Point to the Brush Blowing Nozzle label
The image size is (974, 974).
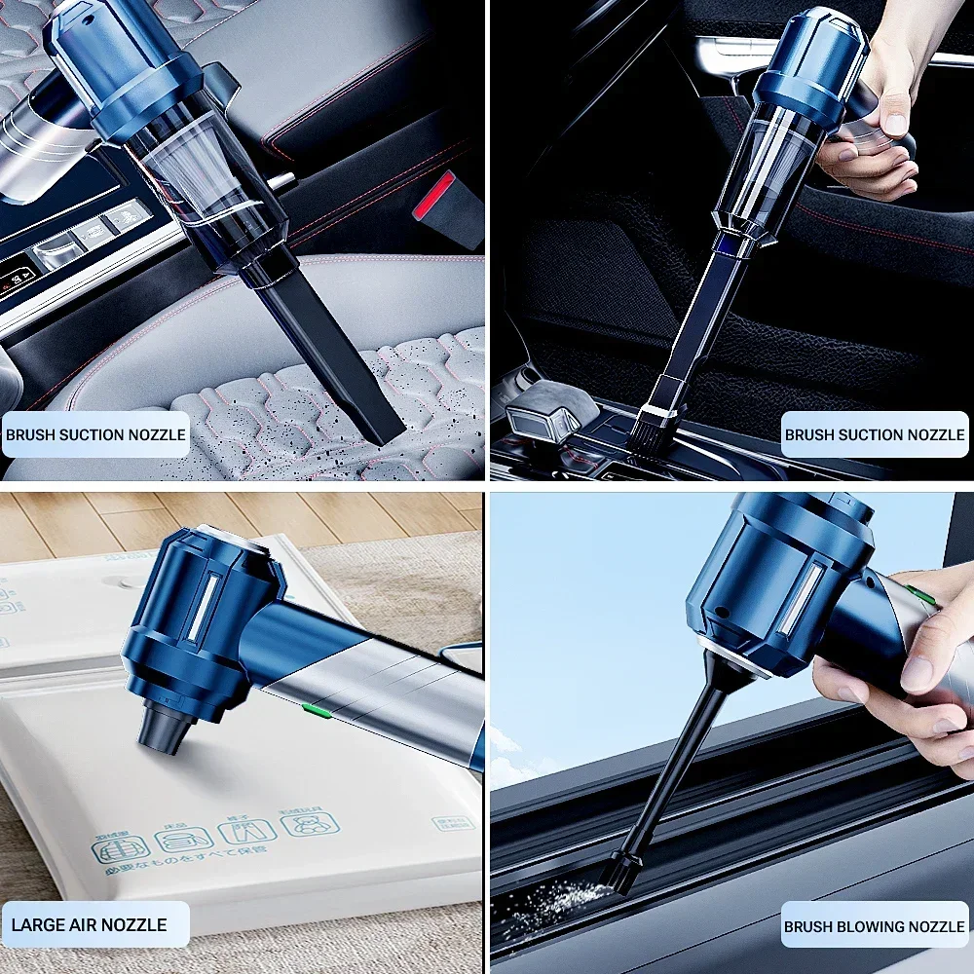pyautogui.click(x=874, y=927)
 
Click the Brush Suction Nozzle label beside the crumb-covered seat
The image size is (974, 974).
pyautogui.click(x=94, y=435)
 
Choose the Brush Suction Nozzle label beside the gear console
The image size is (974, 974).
pyautogui.click(x=874, y=435)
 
